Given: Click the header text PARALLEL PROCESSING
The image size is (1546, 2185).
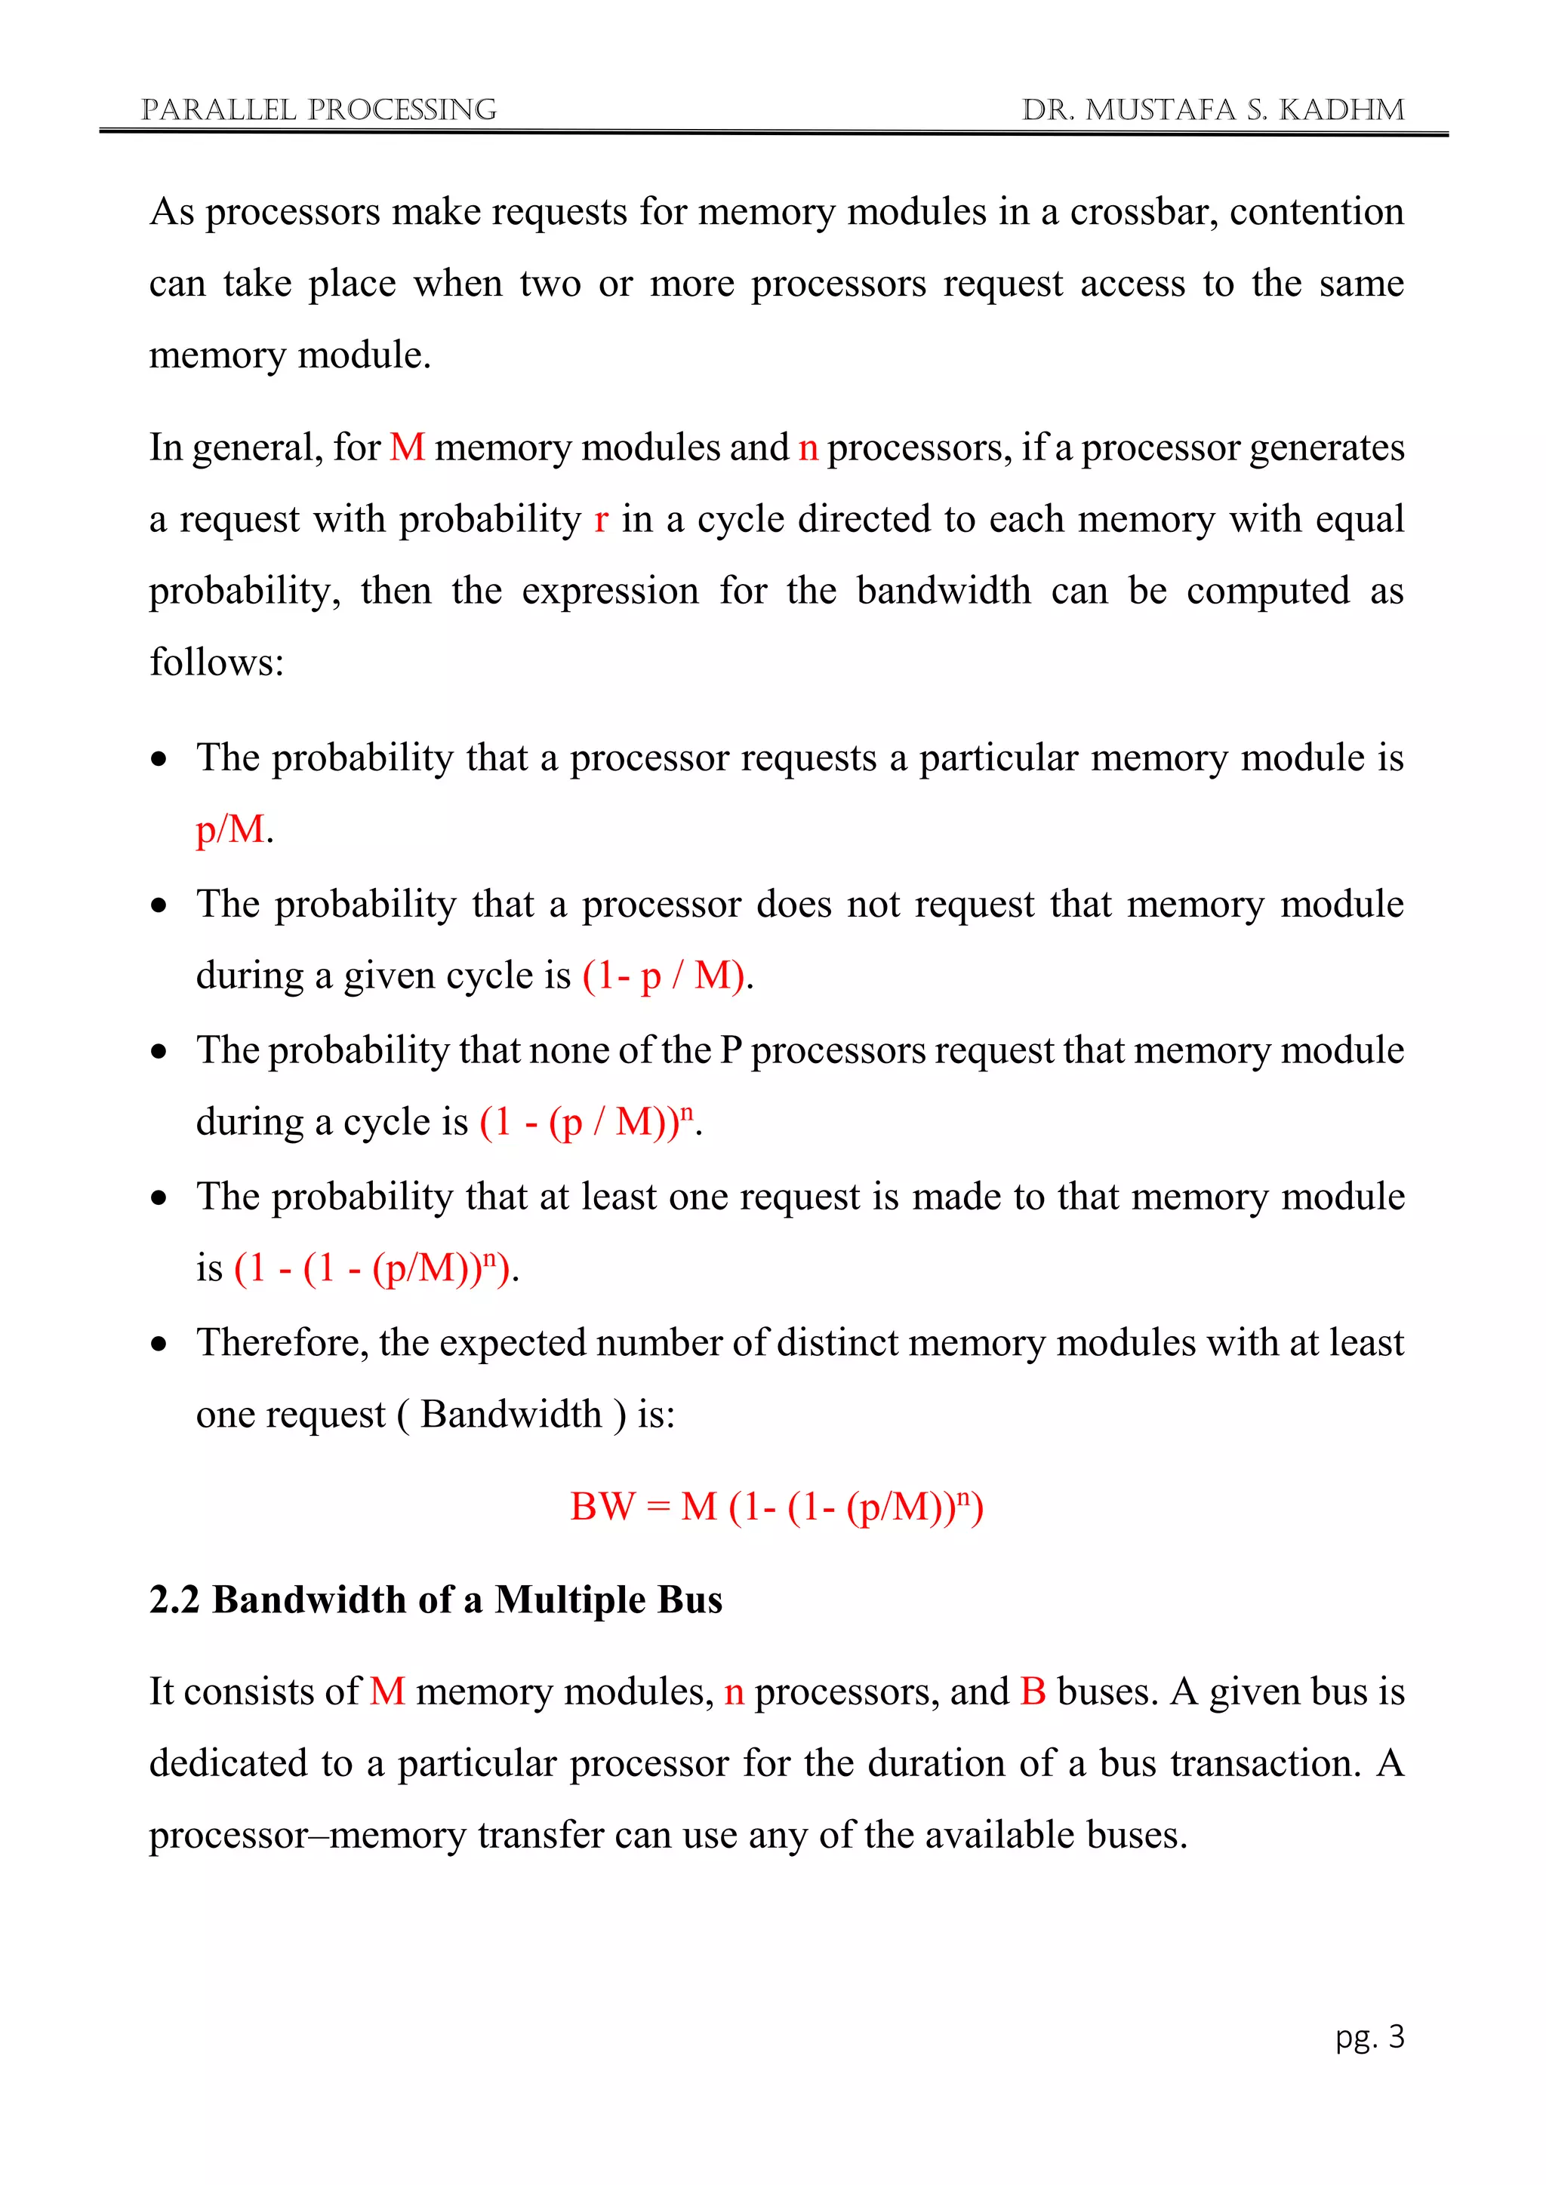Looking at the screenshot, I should (318, 109).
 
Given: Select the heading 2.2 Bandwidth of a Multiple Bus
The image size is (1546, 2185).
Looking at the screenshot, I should (436, 1600).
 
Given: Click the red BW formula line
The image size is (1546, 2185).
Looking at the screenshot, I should (776, 1507).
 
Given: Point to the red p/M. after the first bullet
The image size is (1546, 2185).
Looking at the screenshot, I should (234, 830).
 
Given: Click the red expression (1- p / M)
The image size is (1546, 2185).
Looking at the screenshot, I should (665, 976).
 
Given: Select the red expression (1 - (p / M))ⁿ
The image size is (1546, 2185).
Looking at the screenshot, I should (588, 1122).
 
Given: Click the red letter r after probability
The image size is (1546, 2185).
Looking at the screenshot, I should (601, 520).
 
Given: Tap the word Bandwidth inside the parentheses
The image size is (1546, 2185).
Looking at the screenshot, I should (511, 1415).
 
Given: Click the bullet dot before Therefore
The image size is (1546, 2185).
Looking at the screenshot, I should (159, 1344).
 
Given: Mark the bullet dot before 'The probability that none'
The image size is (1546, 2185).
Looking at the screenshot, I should (159, 1052).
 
